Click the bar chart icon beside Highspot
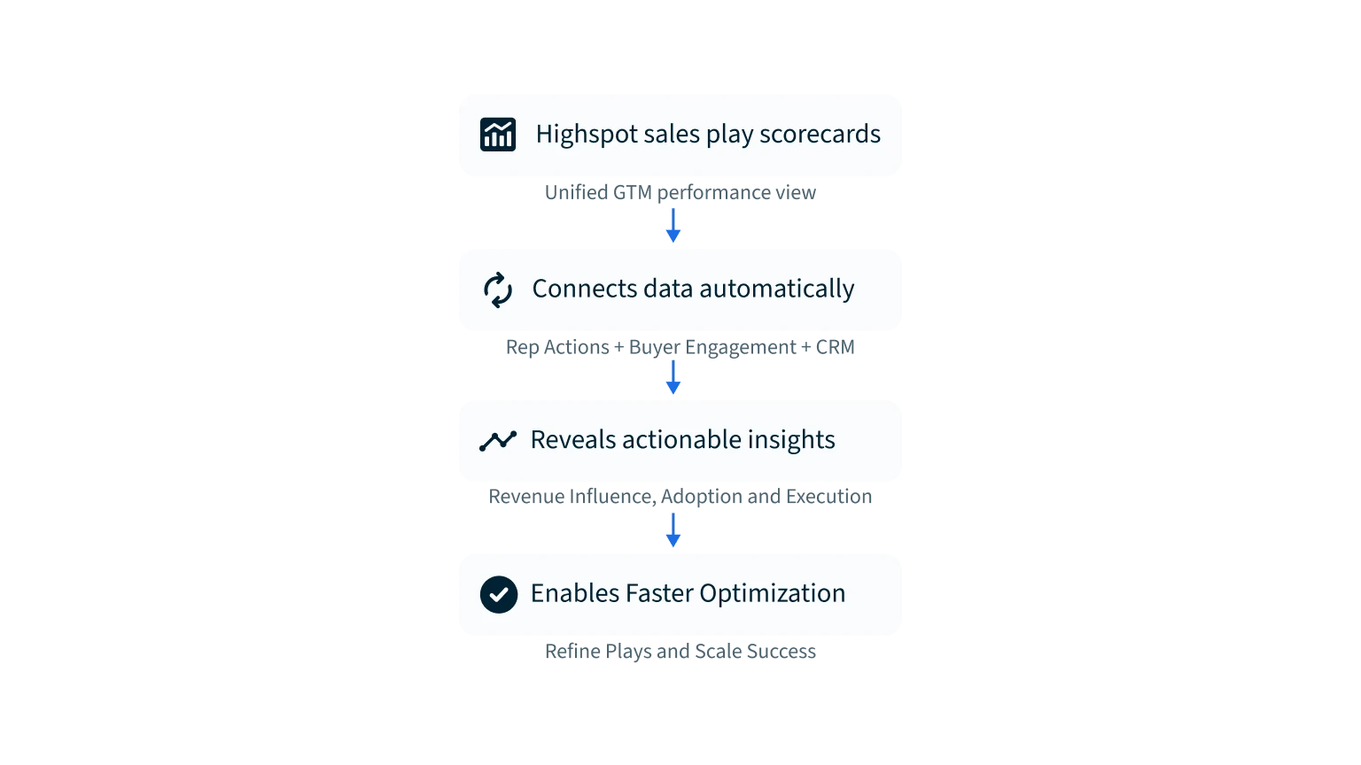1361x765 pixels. pyautogui.click(x=498, y=135)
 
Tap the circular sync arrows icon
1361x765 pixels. pyautogui.click(x=498, y=290)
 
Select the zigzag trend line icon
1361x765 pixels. pyautogui.click(x=498, y=441)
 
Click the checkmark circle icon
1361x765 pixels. pyautogui.click(x=499, y=594)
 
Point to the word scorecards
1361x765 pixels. pyautogui.click(x=820, y=135)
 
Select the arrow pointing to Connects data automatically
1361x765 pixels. pyautogui.click(x=673, y=226)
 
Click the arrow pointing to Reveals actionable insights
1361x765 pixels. pyautogui.click(x=673, y=378)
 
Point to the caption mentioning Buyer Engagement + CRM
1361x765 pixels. pyautogui.click(x=680, y=345)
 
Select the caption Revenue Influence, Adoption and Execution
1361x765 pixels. pyautogui.click(x=680, y=499)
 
